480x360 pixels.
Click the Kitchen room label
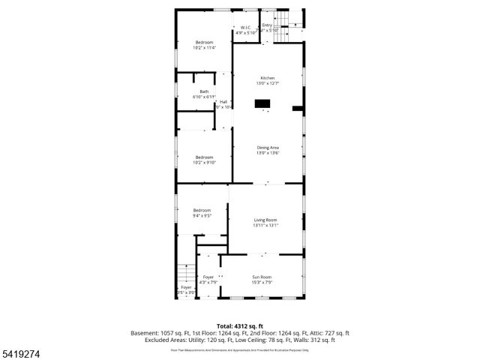coord(267,79)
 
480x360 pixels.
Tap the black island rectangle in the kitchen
coord(263,103)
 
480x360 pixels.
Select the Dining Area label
coord(267,148)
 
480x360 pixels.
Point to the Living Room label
coord(265,220)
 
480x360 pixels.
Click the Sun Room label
coord(262,277)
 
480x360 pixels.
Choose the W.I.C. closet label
coord(246,28)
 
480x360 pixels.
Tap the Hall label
coord(223,102)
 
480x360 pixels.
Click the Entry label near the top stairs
coord(267,25)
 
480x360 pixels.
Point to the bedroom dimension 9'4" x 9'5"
coord(202,215)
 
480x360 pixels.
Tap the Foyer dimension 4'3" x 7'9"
coord(207,283)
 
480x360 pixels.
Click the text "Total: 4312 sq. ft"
coord(240,325)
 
